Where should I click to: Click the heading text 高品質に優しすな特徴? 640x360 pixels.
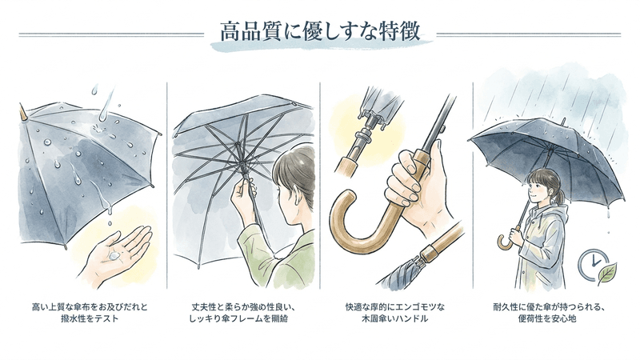[320, 34]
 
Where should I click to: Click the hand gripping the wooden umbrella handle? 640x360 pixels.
[416, 180]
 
